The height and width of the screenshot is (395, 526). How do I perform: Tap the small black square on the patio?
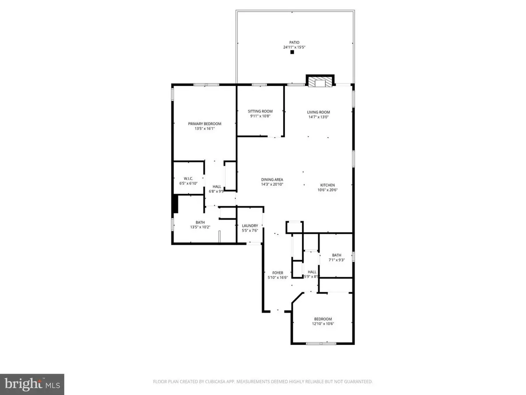tap(292, 52)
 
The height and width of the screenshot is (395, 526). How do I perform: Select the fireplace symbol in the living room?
tap(319, 83)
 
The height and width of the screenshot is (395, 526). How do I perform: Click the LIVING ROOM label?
tap(318, 112)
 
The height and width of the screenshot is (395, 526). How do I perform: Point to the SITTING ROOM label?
tap(260, 111)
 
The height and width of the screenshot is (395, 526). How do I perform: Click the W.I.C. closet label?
tap(188, 178)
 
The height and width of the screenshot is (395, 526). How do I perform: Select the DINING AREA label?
tap(272, 180)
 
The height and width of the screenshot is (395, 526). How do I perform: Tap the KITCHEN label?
tap(327, 185)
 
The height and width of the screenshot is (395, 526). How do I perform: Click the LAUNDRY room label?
tap(250, 226)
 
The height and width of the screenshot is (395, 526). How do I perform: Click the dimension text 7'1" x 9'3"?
tap(337, 260)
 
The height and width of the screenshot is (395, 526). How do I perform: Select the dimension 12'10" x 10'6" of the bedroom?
tap(323, 324)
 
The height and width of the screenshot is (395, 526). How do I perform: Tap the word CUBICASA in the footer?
tap(213, 382)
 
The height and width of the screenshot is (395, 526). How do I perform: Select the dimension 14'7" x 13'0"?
tap(318, 117)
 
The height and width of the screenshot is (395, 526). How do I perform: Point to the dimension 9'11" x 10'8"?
tap(260, 116)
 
